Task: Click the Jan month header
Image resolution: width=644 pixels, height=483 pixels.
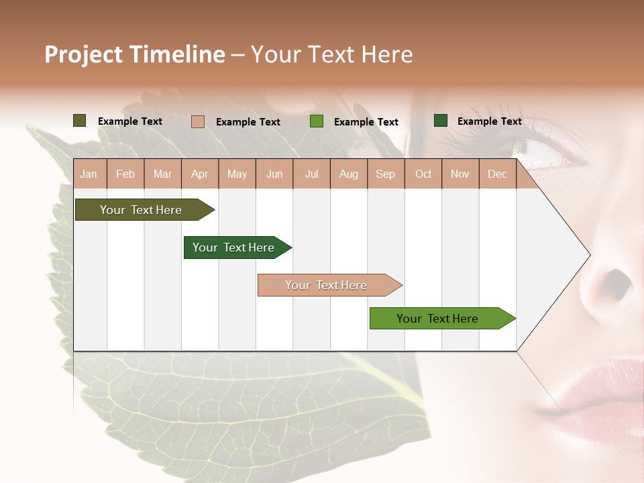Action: [89, 174]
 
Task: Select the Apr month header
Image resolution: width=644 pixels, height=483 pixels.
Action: [200, 174]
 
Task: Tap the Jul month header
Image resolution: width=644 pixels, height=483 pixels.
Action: [311, 174]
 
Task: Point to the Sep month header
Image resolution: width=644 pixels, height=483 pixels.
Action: [385, 174]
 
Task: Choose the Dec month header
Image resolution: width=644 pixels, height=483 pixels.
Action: [497, 174]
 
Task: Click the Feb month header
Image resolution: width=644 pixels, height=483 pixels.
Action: [125, 174]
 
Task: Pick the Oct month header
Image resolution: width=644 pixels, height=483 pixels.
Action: [423, 174]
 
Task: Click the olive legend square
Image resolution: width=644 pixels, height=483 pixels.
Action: [80, 121]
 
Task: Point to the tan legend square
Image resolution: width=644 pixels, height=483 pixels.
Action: [198, 121]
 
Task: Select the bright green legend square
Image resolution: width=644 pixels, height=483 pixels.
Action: [317, 121]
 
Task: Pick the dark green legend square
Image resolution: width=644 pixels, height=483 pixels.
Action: [441, 121]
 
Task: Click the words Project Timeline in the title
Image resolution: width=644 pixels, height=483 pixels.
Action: [134, 54]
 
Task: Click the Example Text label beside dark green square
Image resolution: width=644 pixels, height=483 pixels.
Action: [489, 121]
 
